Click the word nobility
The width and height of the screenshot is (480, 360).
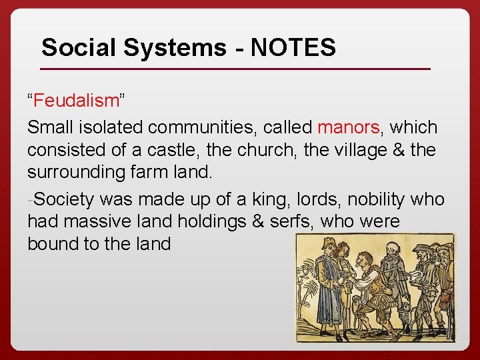(x=376, y=198)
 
